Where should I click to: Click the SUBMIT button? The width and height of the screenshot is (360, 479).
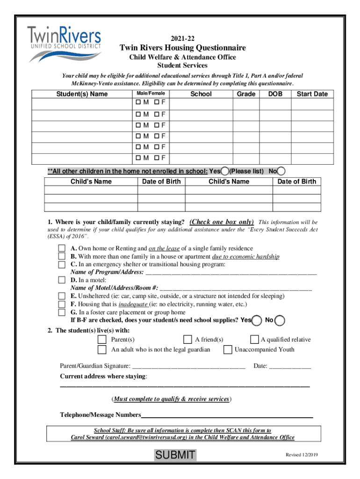click(175, 455)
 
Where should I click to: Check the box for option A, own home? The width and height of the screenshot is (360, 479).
click(62, 248)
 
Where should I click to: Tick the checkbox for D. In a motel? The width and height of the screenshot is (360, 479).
click(62, 280)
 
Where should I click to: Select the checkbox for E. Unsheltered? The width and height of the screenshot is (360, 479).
click(62, 296)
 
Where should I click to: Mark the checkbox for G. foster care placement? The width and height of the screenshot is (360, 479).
click(62, 312)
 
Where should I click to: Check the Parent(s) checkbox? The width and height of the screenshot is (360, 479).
click(102, 339)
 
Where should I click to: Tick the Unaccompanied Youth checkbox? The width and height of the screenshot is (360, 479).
click(228, 349)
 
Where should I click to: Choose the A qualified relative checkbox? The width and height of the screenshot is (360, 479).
click(255, 339)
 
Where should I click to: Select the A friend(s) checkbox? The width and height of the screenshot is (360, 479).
click(187, 339)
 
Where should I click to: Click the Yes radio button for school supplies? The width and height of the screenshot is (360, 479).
click(257, 320)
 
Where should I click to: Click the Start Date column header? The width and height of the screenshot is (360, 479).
click(312, 94)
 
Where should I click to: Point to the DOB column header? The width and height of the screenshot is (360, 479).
click(275, 94)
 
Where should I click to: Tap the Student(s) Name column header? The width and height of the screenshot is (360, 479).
click(82, 94)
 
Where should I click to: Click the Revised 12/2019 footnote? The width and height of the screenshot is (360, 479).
click(302, 455)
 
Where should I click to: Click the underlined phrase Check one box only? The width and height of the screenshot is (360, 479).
click(222, 222)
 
